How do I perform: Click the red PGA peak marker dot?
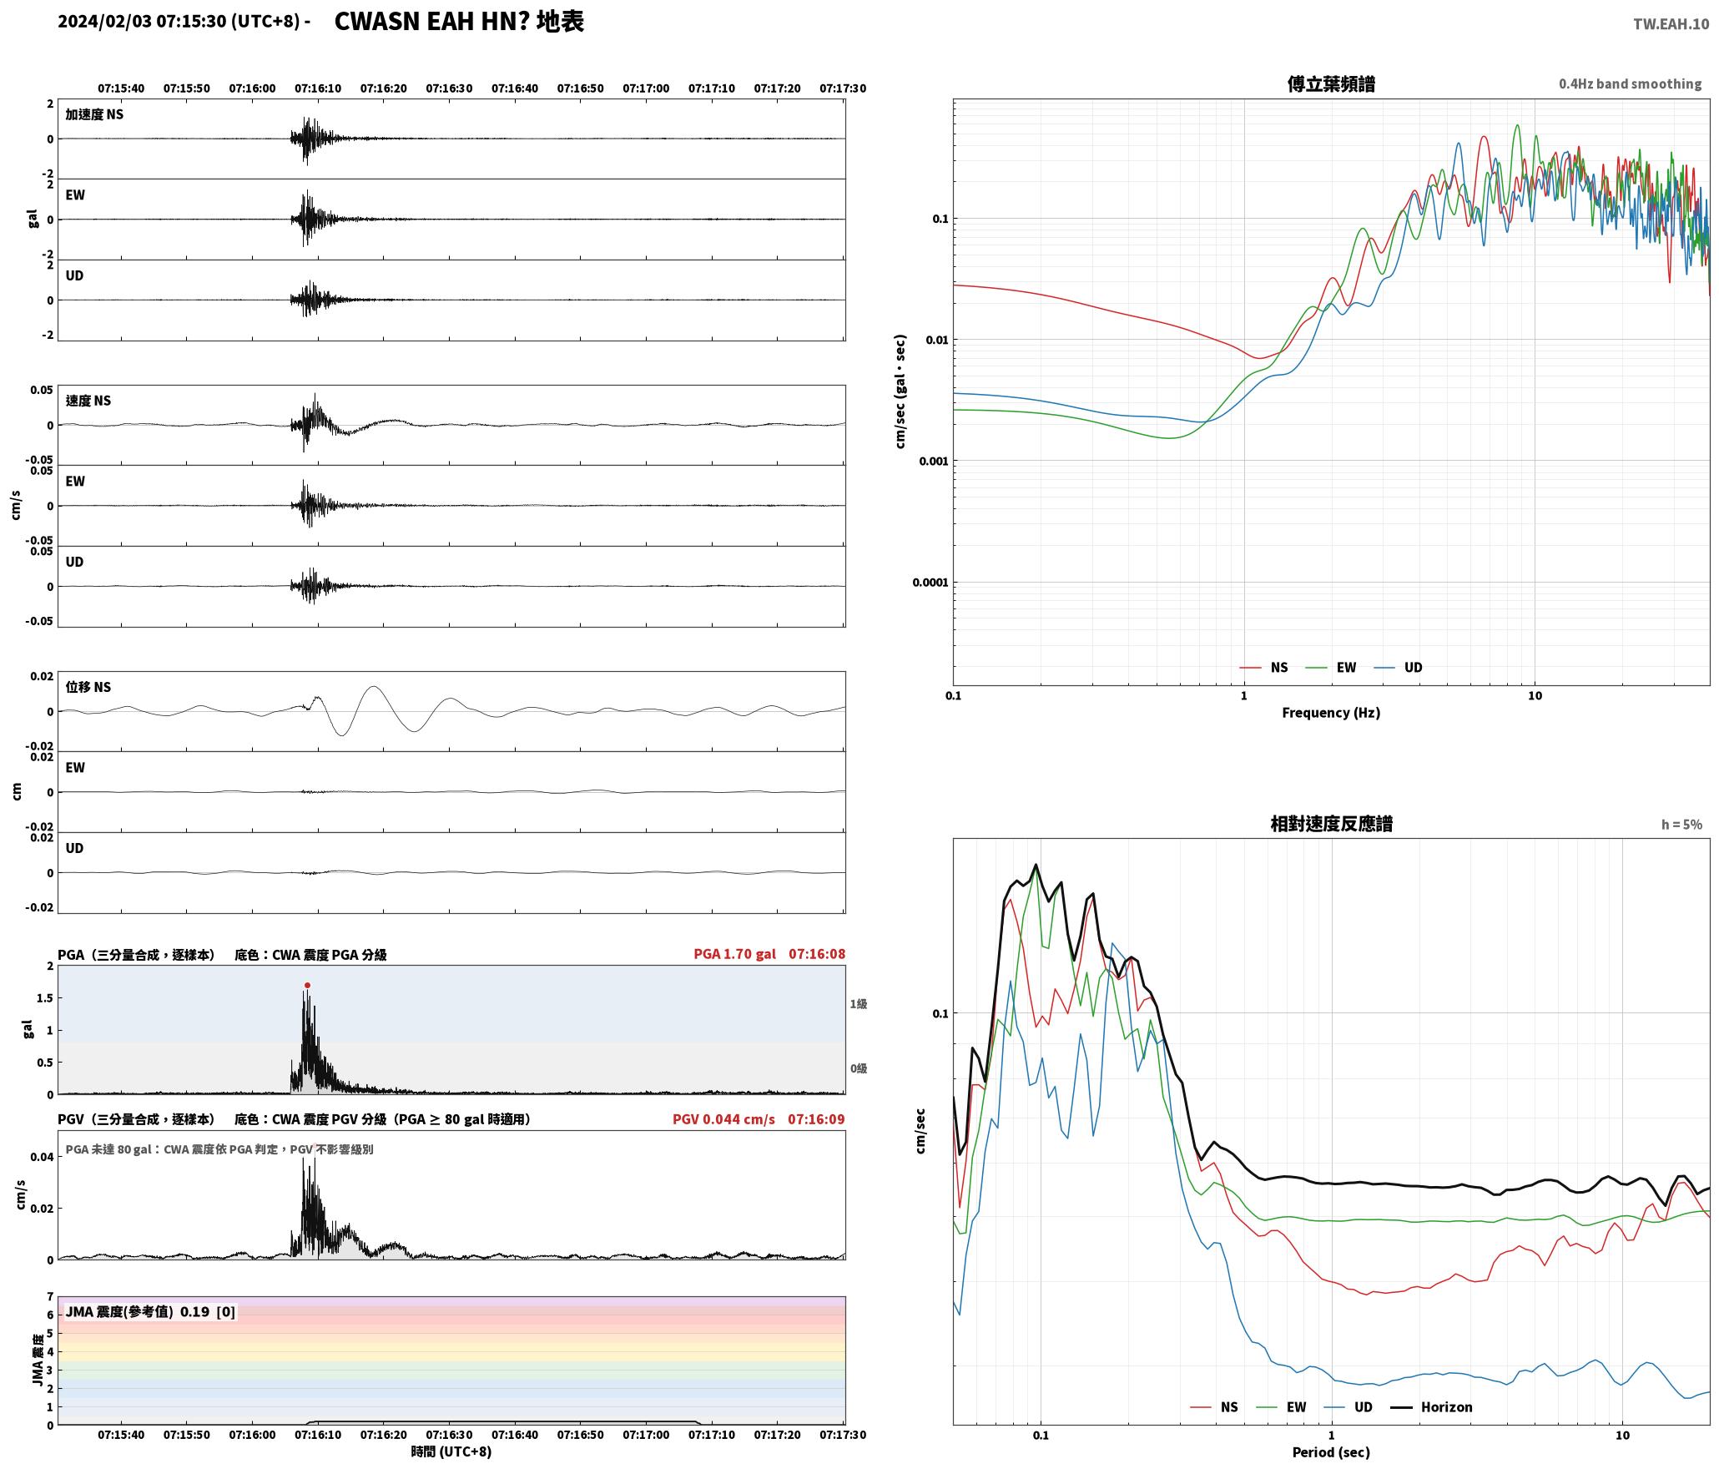pyautogui.click(x=307, y=985)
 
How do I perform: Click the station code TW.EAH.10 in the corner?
pyautogui.click(x=1671, y=24)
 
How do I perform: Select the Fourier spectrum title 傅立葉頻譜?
pyautogui.click(x=1331, y=83)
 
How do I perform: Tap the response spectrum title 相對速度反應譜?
pyautogui.click(x=1331, y=824)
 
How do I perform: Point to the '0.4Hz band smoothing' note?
pyautogui.click(x=1630, y=83)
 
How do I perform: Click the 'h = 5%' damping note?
pyautogui.click(x=1681, y=825)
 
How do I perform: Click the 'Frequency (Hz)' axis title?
pyautogui.click(x=1331, y=712)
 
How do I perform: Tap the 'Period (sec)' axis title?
pyautogui.click(x=1331, y=1451)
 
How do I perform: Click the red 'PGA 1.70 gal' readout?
pyautogui.click(x=734, y=953)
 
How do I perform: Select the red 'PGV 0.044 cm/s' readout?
pyautogui.click(x=723, y=1118)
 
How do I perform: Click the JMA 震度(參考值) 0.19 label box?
pyautogui.click(x=150, y=1311)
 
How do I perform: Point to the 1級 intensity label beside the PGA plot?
pyautogui.click(x=859, y=1003)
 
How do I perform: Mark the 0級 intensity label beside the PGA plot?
pyautogui.click(x=859, y=1068)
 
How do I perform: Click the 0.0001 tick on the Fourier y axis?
pyautogui.click(x=930, y=583)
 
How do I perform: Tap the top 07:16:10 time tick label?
pyautogui.click(x=318, y=88)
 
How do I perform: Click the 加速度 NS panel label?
pyautogui.click(x=94, y=114)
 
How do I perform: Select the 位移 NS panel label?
pyautogui.click(x=88, y=687)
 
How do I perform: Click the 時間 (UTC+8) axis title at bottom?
pyautogui.click(x=451, y=1451)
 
